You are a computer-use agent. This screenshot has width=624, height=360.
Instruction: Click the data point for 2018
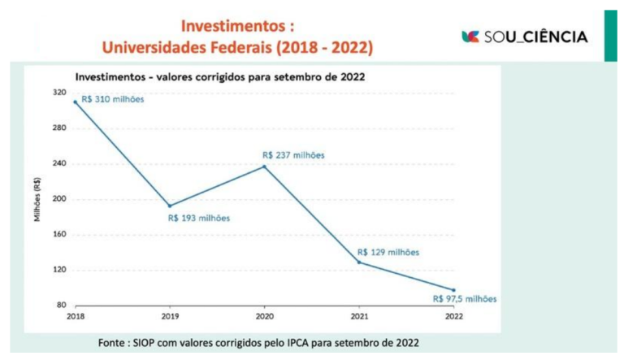click(75, 102)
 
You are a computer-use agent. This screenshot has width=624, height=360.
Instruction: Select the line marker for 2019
click(169, 206)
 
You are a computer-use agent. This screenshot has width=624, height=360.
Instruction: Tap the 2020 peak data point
click(264, 167)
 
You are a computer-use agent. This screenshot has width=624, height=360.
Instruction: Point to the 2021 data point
click(359, 262)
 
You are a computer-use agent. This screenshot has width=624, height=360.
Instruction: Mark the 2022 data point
click(453, 290)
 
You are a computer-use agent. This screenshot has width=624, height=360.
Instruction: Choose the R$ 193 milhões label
click(199, 218)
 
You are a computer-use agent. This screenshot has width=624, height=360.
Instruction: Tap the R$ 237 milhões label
click(293, 154)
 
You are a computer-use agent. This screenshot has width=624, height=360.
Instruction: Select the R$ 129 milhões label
click(388, 252)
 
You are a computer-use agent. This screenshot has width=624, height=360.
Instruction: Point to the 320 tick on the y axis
click(60, 93)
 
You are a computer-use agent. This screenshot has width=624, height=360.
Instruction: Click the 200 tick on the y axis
click(60, 199)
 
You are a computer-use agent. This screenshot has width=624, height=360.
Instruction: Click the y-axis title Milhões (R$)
click(37, 199)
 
